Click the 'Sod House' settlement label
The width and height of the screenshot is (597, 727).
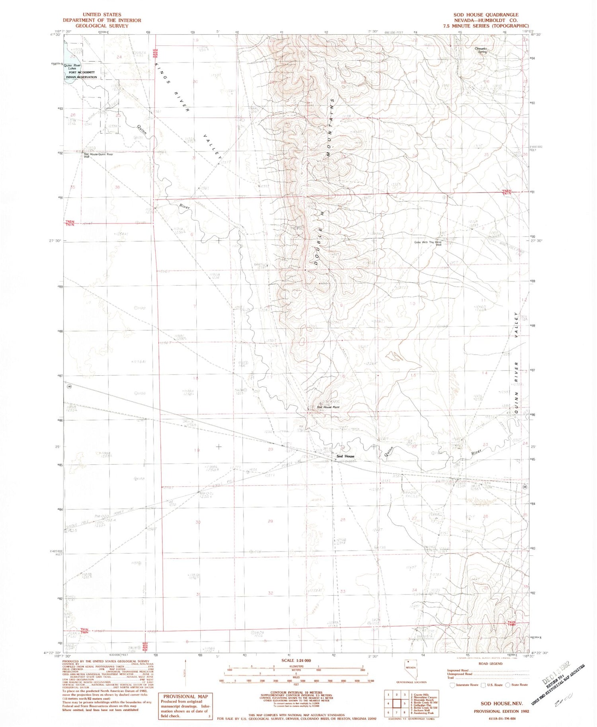[345, 456]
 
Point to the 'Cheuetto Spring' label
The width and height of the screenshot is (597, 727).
[481, 50]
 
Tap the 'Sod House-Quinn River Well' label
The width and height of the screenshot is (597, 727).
[98, 155]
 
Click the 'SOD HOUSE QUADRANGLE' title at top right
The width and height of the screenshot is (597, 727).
[486, 15]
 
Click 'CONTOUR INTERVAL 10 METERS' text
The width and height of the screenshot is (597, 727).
[295, 692]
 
